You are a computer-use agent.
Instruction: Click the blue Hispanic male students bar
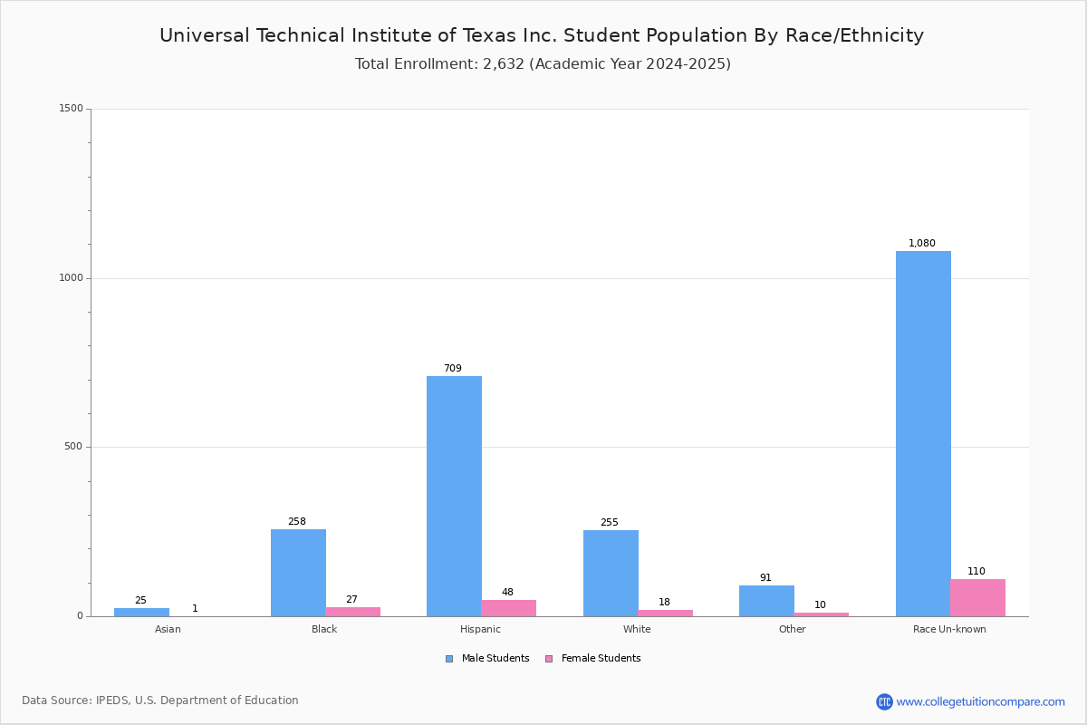pos(454,496)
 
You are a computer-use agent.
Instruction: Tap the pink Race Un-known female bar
pos(977,597)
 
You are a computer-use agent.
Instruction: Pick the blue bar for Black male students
pos(298,573)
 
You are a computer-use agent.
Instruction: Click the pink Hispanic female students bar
pos(508,608)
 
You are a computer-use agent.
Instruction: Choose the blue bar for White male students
pos(611,573)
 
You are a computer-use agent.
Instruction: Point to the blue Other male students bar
pos(766,601)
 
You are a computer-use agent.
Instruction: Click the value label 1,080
pos(922,243)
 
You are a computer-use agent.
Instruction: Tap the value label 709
pos(453,368)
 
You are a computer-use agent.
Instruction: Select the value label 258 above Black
pos(297,521)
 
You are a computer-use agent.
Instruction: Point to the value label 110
pos(976,571)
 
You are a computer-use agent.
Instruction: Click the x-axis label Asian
pos(168,629)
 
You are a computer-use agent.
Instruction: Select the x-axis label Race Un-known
pos(949,629)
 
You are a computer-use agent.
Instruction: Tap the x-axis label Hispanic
pos(480,629)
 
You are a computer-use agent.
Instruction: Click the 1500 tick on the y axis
pos(71,109)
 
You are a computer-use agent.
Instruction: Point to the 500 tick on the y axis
pos(72,447)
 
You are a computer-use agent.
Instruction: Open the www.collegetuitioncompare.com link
pos(980,701)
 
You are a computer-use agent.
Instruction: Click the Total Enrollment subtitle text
pos(543,64)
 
